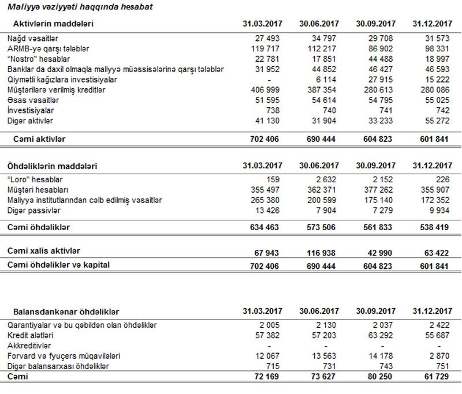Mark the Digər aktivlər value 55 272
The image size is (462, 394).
coord(437,121)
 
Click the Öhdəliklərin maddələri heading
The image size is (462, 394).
coord(55,166)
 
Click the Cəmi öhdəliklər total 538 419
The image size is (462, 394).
coord(437,228)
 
